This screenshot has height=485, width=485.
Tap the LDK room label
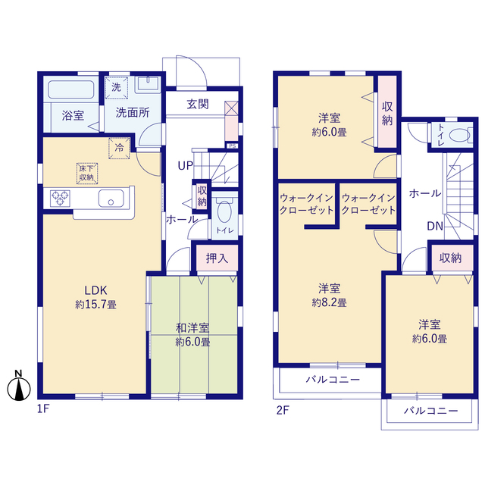(x=96, y=290)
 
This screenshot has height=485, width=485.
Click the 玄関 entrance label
(x=198, y=105)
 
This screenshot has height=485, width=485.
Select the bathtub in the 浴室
(x=71, y=89)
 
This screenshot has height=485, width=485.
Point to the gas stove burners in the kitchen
(x=60, y=199)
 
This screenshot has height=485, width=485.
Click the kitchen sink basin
(x=111, y=199)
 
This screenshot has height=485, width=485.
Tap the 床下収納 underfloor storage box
(x=87, y=174)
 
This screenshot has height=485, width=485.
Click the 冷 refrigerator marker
(x=119, y=149)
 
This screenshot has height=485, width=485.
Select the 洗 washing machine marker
(x=116, y=88)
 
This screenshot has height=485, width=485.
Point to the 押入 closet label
(x=217, y=258)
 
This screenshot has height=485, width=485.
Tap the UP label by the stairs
(x=185, y=166)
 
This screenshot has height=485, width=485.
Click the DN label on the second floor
(x=435, y=226)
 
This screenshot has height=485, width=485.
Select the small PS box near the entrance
(x=233, y=145)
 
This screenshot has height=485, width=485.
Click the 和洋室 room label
(x=192, y=328)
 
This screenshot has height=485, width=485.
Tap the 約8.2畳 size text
(x=329, y=302)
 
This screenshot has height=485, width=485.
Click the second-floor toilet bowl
(x=459, y=136)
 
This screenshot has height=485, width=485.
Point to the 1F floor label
(x=43, y=409)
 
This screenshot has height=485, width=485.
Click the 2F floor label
(x=283, y=410)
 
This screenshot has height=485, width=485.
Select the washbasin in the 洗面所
(x=148, y=84)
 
